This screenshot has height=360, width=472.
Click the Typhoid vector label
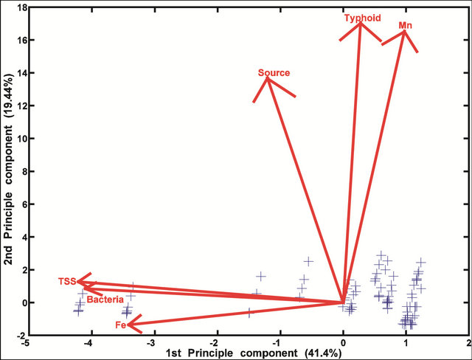pyautogui.click(x=359, y=16)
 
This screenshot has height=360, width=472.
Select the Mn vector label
pyautogui.click(x=405, y=25)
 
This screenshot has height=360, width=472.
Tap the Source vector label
pyautogui.click(x=274, y=73)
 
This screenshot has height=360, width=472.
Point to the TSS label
pyautogui.click(x=67, y=282)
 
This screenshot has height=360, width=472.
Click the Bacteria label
pyautogui.click(x=105, y=300)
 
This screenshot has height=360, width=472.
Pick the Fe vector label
pyautogui.click(x=119, y=325)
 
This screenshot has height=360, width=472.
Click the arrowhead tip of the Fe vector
pyautogui.click(x=127, y=325)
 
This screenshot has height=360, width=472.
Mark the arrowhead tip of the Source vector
pyautogui.click(x=267, y=78)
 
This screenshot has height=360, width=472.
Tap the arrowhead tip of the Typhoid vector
pyautogui.click(x=360, y=24)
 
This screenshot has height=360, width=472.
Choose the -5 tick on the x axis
pyautogui.click(x=27, y=344)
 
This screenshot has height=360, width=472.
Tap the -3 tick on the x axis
pyautogui.click(x=152, y=344)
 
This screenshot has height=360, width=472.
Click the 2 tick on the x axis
pyautogui.click(x=468, y=344)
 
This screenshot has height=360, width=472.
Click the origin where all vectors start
pyautogui.click(x=343, y=302)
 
